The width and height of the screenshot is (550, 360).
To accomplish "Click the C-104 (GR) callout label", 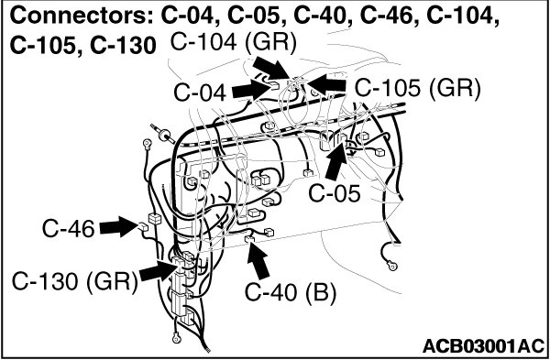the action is point(233,43).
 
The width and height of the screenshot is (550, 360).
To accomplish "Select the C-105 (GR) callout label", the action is point(417,88).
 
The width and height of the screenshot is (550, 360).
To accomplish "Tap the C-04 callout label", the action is point(200,93).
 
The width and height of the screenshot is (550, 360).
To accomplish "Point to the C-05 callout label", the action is point(335,193).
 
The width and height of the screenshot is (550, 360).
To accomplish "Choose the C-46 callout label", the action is point(69,229).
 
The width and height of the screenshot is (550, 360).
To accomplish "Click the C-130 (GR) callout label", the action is point(74,281).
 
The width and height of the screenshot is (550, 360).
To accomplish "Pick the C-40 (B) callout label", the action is point(291,292).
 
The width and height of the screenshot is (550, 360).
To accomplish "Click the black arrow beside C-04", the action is point(250,90).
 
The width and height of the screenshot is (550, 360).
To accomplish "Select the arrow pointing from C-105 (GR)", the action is point(326,85).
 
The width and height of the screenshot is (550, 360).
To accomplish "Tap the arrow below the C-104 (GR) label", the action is point(271,68).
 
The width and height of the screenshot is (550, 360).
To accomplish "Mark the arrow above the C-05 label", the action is point(336,161).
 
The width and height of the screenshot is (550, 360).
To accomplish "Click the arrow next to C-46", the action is point(119,226).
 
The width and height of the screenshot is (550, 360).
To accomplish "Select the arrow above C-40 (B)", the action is point(258,261).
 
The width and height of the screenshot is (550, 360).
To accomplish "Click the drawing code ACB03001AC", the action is point(484,346).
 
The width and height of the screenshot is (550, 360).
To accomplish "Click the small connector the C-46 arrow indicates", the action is point(143,226).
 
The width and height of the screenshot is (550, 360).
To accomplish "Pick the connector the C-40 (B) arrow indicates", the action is point(249,239).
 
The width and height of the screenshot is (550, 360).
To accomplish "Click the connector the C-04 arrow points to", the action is point(274,85).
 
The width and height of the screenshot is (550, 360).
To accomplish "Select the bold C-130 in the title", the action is point(123,46).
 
